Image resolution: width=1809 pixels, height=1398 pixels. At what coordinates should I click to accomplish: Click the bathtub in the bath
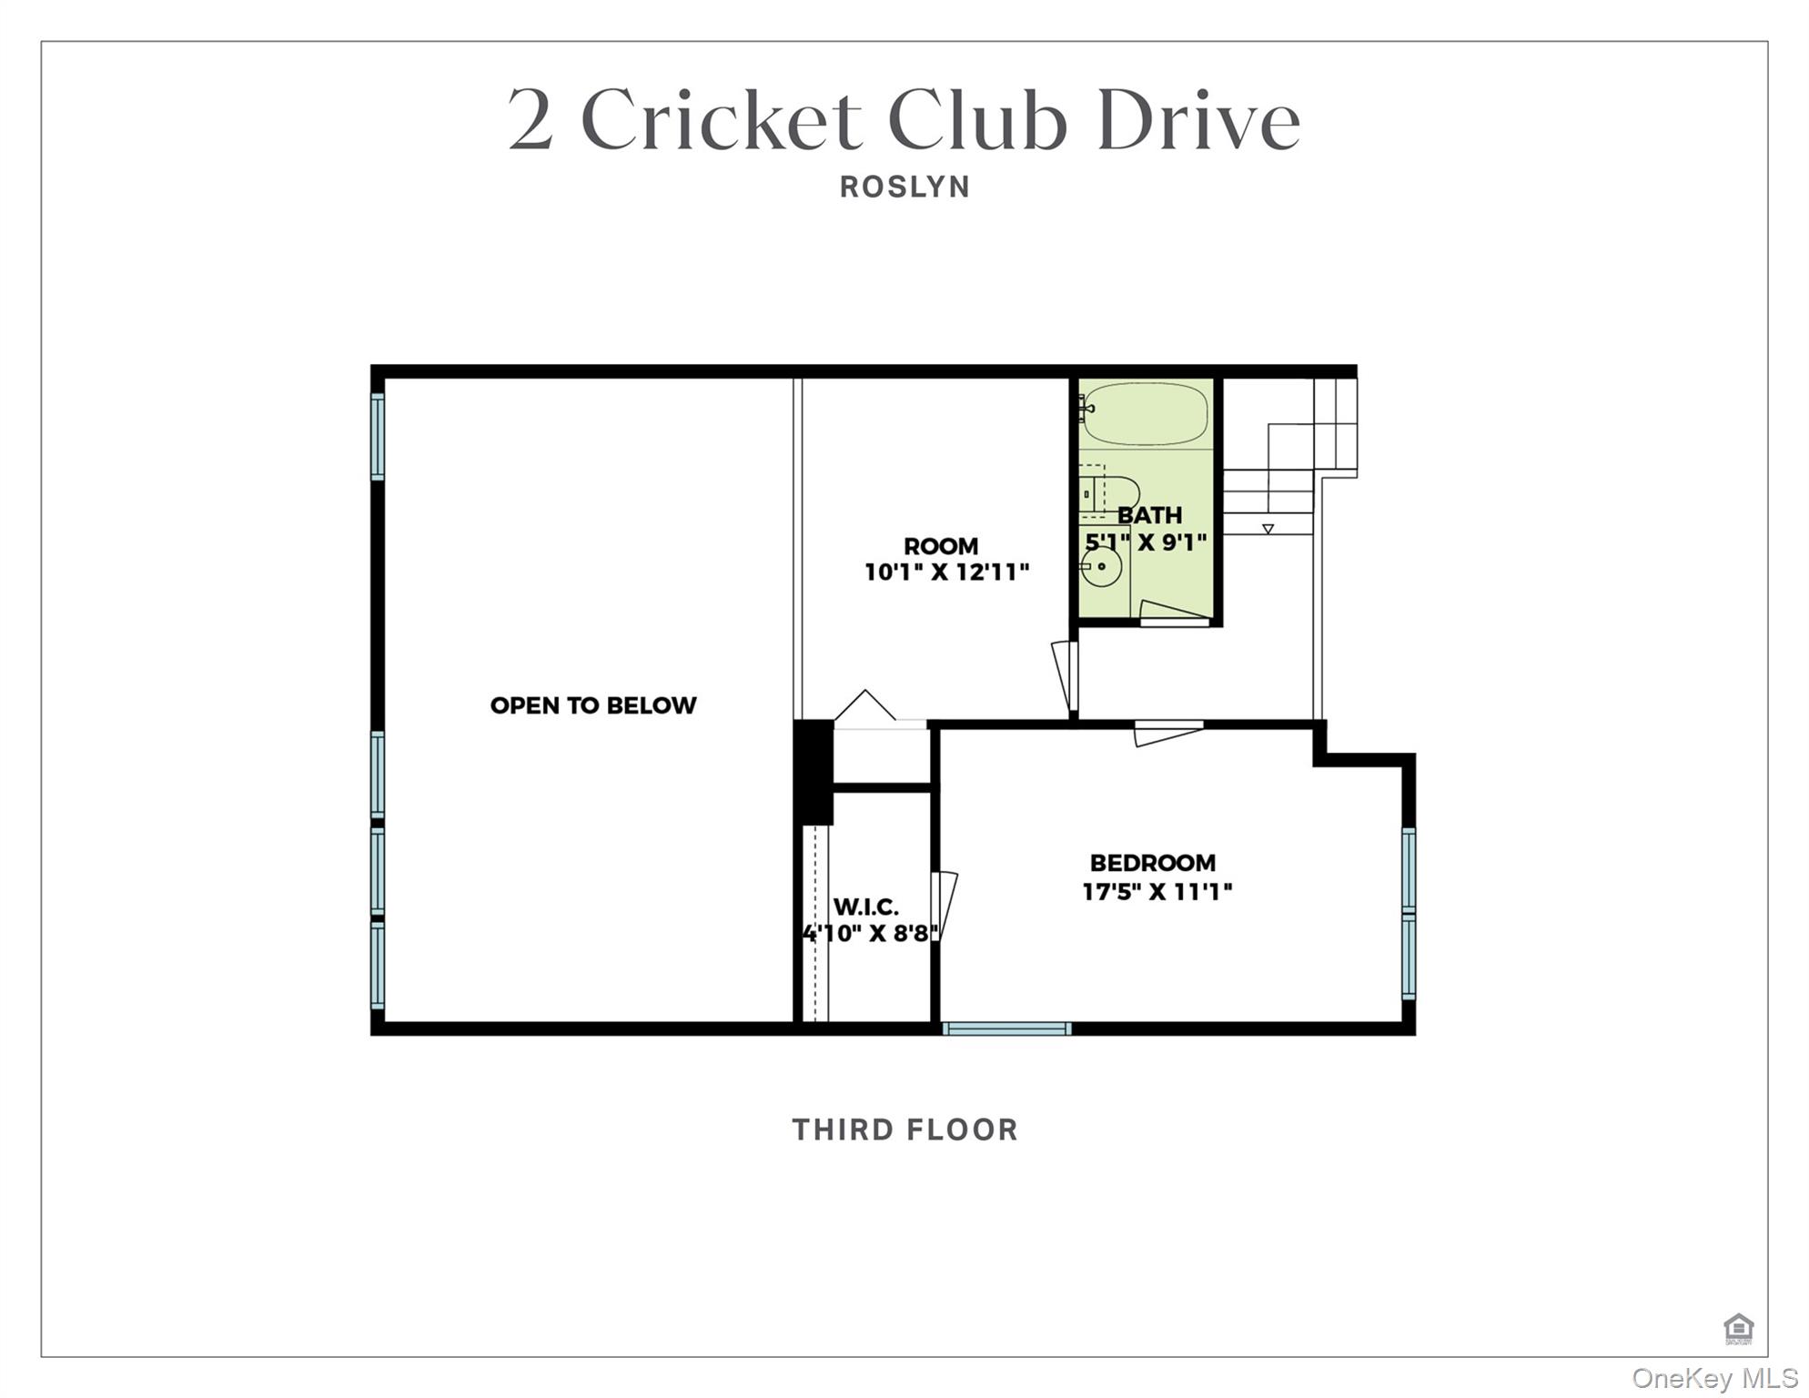point(1145,413)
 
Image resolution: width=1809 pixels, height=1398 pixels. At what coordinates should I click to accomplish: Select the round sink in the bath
point(1102,567)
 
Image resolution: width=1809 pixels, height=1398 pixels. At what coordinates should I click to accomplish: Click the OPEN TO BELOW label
point(593,705)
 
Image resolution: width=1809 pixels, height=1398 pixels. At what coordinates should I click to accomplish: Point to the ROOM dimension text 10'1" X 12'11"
point(946,572)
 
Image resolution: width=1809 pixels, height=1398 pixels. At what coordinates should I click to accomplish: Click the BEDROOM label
point(1152,862)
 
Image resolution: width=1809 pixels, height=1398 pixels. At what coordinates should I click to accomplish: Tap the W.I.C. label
point(866,907)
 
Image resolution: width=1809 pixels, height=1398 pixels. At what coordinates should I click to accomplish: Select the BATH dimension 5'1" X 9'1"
point(1147,542)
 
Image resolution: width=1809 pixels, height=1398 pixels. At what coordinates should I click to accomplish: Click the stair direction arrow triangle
point(1268,529)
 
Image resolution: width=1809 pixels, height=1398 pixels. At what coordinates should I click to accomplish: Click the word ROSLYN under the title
point(904,187)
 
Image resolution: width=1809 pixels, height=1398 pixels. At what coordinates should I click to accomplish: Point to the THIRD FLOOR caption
point(904,1130)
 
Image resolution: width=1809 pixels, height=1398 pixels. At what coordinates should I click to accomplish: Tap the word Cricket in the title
point(721,120)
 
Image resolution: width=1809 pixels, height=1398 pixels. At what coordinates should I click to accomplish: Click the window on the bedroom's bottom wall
point(1006,1028)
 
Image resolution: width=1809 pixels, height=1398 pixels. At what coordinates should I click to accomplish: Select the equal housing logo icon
point(1738,1328)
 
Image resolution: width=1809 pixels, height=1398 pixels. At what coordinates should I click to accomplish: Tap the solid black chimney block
point(814,772)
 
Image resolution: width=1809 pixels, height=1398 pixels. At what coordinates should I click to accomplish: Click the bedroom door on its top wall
point(1168,732)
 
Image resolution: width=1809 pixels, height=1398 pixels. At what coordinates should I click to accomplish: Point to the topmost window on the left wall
point(378,436)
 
